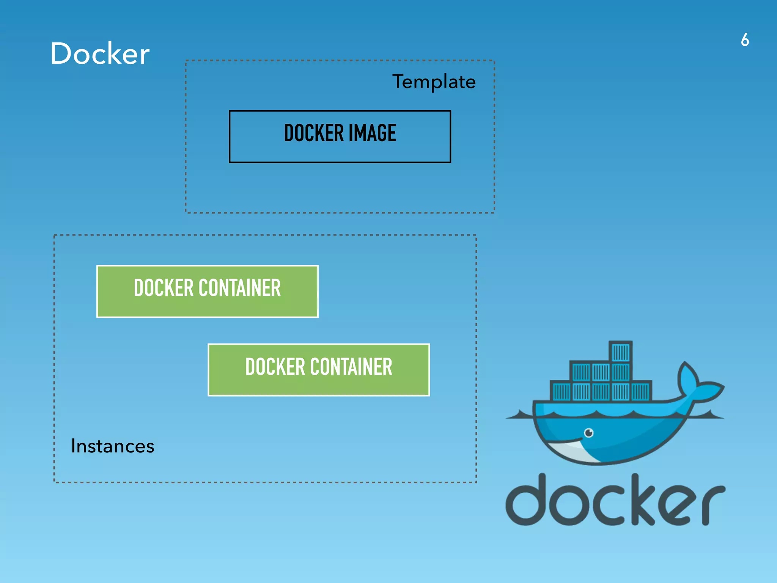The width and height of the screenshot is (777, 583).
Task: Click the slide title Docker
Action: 100,54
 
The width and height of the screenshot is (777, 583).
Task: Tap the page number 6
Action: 745,40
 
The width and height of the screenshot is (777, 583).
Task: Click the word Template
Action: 434,82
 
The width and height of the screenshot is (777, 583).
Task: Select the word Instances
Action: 113,446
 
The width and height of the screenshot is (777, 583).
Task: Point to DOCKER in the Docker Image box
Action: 314,133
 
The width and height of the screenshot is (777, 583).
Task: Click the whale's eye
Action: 588,432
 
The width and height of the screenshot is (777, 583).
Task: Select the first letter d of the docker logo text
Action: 525,501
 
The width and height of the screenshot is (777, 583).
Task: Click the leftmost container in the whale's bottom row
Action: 561,391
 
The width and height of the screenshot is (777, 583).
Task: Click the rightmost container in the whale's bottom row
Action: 640,391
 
